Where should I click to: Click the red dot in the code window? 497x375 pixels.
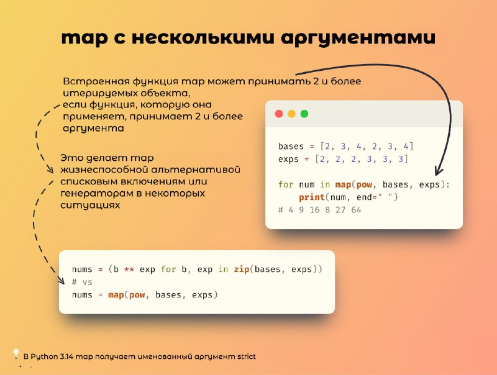coord(279,114)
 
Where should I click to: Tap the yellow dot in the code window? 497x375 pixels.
coord(291,114)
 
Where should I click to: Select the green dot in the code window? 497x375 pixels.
coord(304,114)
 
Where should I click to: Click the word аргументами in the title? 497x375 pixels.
coord(358,38)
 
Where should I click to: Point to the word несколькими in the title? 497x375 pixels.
coord(203,37)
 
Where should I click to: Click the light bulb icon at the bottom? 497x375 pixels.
coord(16,354)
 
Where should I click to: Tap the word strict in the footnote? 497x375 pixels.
coord(246,356)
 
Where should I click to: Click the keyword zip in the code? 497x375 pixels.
coord(242,269)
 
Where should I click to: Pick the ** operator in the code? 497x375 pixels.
coord(129,269)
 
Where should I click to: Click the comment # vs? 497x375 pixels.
coord(82,282)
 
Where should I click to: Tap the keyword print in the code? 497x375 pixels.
coord(312,197)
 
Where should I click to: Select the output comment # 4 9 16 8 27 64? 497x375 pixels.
coord(319,210)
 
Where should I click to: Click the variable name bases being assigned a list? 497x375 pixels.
coord(291,147)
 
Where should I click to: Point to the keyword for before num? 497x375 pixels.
coord(286,184)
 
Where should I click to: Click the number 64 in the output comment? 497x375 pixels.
coord(356,210)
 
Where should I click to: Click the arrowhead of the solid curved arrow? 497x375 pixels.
coord(439,171)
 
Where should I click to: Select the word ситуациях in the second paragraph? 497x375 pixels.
coord(90,206)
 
